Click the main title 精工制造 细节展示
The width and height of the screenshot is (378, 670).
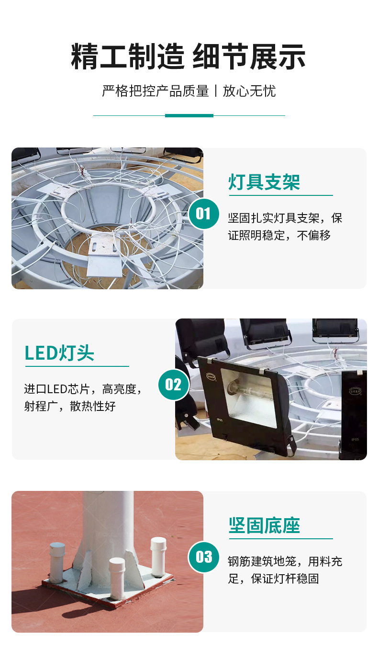[188, 56]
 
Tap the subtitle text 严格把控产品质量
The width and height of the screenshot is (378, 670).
[156, 91]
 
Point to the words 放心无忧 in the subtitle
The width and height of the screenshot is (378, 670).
[249, 91]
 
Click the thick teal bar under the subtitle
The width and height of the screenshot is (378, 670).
[189, 116]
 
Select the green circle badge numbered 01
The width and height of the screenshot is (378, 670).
[204, 214]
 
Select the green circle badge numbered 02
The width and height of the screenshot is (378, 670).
[174, 385]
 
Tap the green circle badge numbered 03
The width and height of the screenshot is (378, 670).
[204, 557]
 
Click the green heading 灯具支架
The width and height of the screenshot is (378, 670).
[264, 182]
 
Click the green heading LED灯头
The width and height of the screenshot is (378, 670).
[59, 353]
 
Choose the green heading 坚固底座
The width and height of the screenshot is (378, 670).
[264, 525]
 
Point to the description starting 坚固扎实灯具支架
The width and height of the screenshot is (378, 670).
[285, 227]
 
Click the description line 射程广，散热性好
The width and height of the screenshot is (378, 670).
[70, 406]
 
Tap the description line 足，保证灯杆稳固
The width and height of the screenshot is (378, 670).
[273, 579]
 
